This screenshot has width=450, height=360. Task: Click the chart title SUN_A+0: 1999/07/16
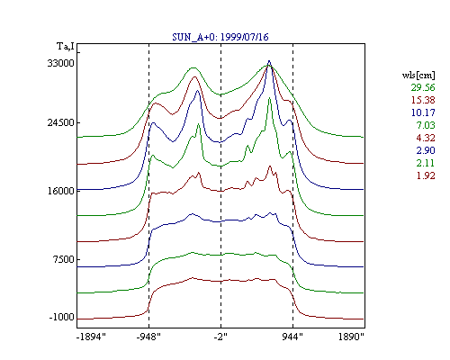click(x=220, y=37)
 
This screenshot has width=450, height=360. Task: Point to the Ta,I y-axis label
click(x=66, y=47)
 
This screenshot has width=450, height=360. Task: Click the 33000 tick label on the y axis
click(x=60, y=63)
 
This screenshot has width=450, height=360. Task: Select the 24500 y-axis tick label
click(x=60, y=122)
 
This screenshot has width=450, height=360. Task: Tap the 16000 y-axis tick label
click(x=60, y=191)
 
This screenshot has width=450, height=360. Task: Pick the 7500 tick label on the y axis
click(x=63, y=259)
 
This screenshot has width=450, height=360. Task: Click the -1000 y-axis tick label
click(x=61, y=317)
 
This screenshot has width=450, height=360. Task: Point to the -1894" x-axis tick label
click(x=91, y=337)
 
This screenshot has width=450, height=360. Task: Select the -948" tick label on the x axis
click(x=148, y=337)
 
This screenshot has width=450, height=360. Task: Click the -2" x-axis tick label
click(x=220, y=337)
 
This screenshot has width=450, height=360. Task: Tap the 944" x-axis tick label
click(x=292, y=337)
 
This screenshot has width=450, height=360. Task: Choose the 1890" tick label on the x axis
click(x=351, y=337)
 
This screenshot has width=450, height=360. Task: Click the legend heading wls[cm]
click(x=418, y=75)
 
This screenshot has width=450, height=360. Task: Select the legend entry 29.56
click(x=423, y=87)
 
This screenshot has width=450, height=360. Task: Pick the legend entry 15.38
click(x=423, y=100)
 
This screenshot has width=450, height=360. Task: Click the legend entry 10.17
click(x=423, y=112)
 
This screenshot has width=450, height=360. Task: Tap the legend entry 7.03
click(x=426, y=125)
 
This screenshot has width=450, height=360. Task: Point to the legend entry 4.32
click(x=426, y=138)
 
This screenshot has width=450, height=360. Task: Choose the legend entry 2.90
click(x=426, y=150)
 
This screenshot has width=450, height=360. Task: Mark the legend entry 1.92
click(x=426, y=175)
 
